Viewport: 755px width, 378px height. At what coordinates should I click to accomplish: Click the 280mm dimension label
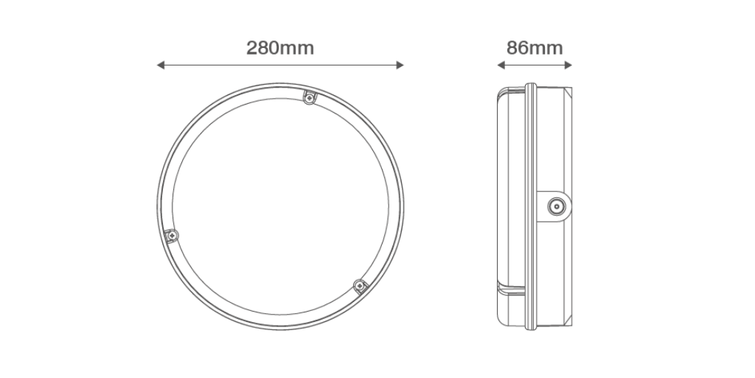point(280,48)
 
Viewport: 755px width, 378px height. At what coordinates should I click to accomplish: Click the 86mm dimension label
point(535,48)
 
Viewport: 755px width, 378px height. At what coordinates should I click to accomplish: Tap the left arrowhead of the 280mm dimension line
point(160,66)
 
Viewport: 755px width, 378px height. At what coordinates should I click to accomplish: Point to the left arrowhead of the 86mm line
point(500,66)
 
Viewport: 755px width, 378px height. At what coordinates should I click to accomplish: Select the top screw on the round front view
point(310,97)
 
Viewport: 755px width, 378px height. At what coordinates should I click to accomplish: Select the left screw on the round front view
point(172,235)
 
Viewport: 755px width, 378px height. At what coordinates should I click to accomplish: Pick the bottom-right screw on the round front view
point(360,286)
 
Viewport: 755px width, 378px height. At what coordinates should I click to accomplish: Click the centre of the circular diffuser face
point(280,207)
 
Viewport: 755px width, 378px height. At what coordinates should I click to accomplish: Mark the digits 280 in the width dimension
point(262,48)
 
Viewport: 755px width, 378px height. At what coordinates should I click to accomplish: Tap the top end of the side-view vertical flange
point(529,85)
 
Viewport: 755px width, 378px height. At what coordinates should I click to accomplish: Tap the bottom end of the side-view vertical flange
point(529,328)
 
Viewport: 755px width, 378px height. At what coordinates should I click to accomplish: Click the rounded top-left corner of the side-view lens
point(501,92)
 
